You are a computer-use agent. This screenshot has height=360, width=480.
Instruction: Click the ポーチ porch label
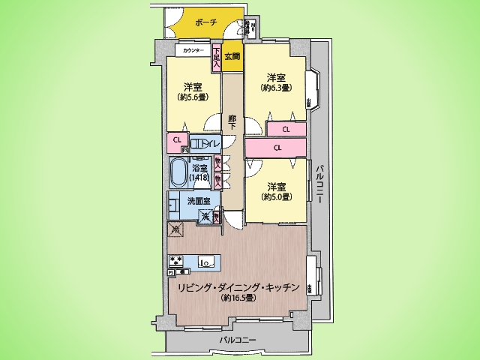tap(205, 22)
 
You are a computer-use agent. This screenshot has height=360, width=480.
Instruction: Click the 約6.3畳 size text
tap(275, 88)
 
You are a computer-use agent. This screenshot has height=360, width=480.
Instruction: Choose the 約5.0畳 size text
tap(275, 196)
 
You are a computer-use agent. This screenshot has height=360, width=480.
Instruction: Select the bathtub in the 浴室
tap(178, 175)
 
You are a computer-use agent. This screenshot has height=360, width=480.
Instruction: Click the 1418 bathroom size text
tap(199, 178)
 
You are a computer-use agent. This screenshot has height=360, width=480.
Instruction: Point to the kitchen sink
tap(206, 262)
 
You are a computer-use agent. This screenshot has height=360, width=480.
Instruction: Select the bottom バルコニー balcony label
tap(238, 340)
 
